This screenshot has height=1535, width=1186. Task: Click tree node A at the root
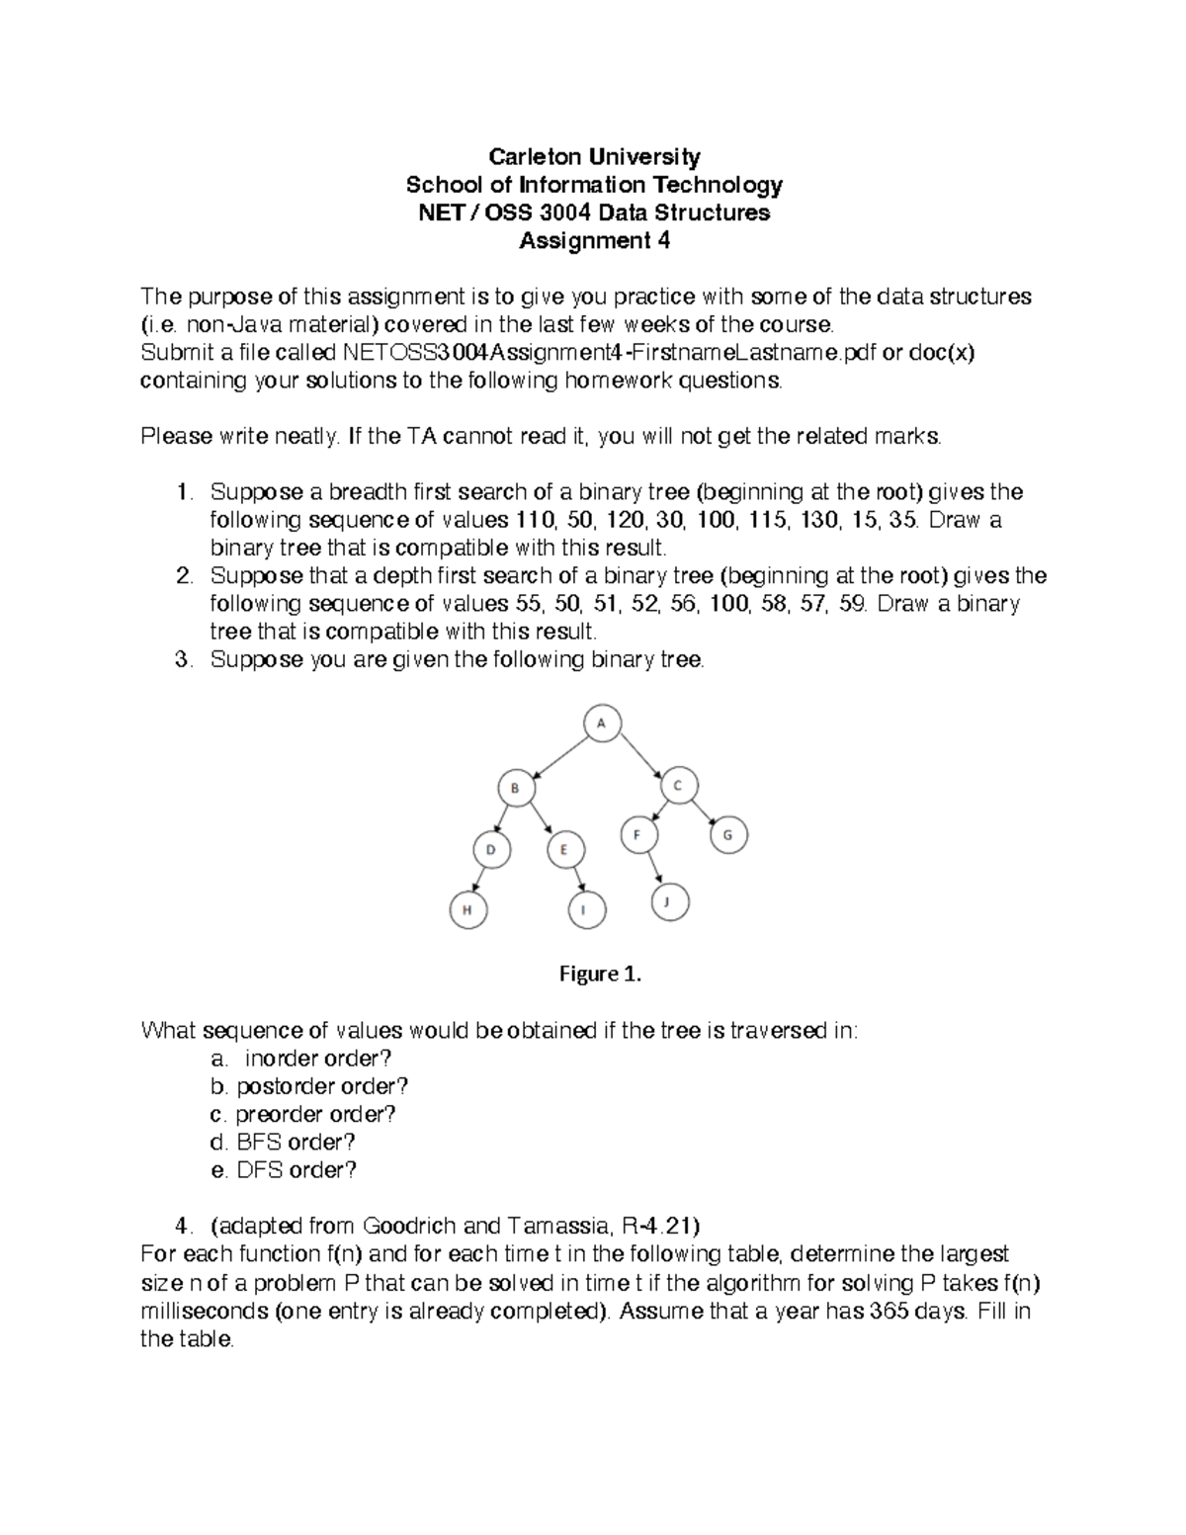coord(601,724)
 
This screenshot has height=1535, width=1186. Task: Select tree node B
coord(515,789)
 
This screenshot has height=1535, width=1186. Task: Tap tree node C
coord(678,787)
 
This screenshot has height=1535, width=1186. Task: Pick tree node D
coord(490,849)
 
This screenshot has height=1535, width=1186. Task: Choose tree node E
coord(565,849)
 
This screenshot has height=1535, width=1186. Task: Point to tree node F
coord(638,835)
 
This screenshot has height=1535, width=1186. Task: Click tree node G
coord(728,835)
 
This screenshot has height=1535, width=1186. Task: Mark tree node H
coord(468,909)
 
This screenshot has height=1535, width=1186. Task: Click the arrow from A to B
coord(558,756)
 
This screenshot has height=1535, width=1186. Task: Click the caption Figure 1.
coord(600,975)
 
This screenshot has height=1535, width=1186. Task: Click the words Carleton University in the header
coord(595,156)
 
